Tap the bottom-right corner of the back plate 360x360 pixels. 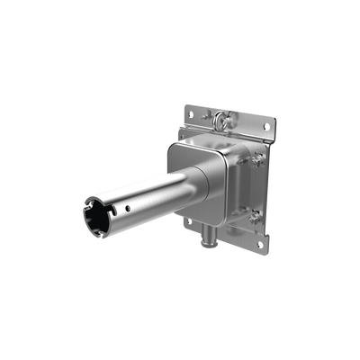point(267,250)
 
